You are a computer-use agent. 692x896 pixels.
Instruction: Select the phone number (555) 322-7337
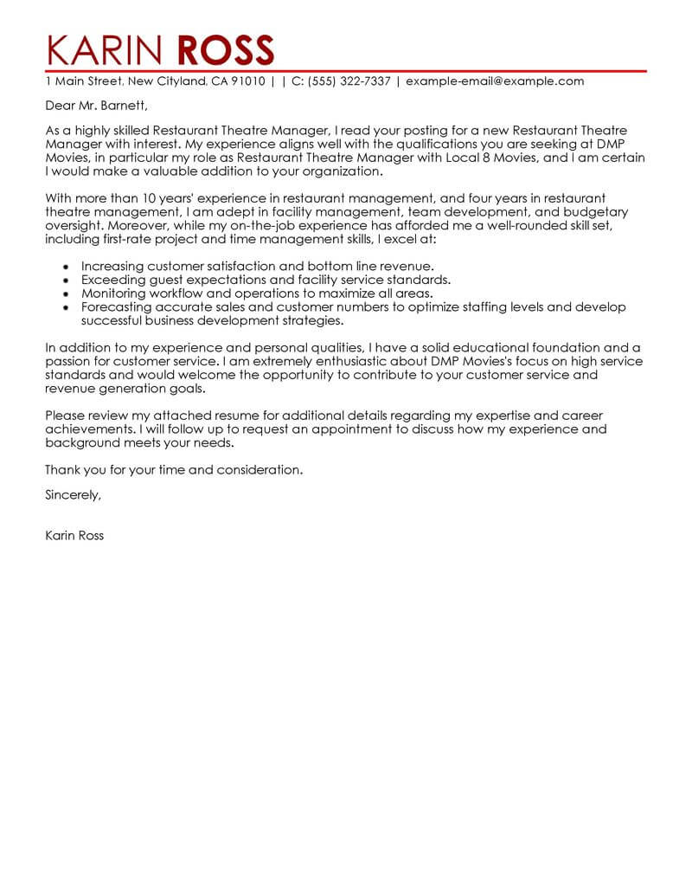pos(346,81)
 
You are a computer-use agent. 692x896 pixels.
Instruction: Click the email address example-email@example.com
pos(495,81)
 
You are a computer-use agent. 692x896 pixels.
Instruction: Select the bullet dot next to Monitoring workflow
pos(67,293)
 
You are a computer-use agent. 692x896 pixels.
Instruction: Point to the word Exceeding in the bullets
pos(112,280)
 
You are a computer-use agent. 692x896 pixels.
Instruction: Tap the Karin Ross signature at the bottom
pos(74,535)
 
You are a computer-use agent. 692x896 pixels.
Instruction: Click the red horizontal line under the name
pos(346,69)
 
